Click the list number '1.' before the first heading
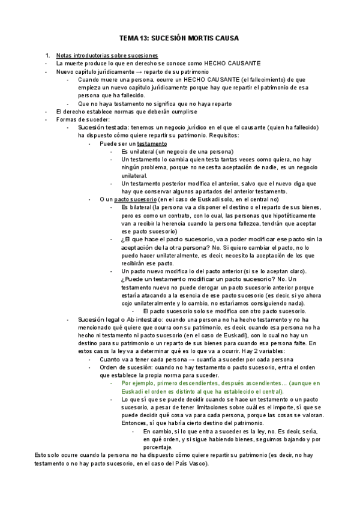click(48, 55)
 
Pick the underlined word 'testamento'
click(152, 144)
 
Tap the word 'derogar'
click(215, 288)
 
